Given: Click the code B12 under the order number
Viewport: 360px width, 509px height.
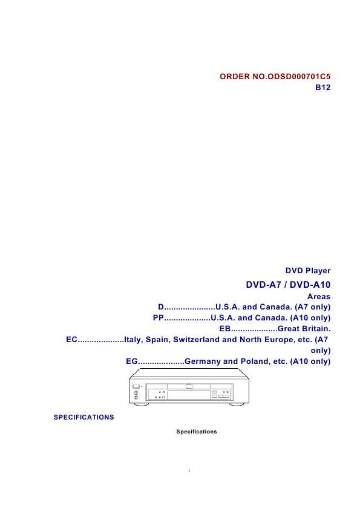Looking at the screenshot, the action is [x=322, y=87].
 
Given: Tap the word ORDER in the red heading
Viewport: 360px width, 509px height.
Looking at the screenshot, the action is [x=235, y=77].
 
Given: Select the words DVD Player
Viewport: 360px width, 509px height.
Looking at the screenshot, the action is [x=308, y=271].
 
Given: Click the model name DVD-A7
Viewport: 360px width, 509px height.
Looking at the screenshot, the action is [x=263, y=285].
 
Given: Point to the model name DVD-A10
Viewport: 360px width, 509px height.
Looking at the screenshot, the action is [x=310, y=285].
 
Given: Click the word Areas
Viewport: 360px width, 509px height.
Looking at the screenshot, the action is [x=319, y=297].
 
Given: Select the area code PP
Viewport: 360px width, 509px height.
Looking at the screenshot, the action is [x=159, y=318].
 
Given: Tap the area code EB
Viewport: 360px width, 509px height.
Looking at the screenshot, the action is [x=225, y=329].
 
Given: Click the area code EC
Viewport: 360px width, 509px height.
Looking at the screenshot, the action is [x=72, y=340].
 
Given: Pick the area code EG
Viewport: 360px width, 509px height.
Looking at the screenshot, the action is [x=132, y=361].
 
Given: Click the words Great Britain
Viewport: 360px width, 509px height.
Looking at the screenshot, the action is [x=304, y=329].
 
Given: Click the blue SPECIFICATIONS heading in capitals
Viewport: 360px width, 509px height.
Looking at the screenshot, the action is [x=84, y=417].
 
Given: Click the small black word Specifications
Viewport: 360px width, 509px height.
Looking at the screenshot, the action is [x=197, y=432].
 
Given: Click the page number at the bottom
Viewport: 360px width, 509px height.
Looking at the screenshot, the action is [x=189, y=470].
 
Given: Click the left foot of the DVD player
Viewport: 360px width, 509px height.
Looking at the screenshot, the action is [x=141, y=404].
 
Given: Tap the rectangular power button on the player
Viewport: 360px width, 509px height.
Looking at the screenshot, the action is [x=136, y=387].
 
